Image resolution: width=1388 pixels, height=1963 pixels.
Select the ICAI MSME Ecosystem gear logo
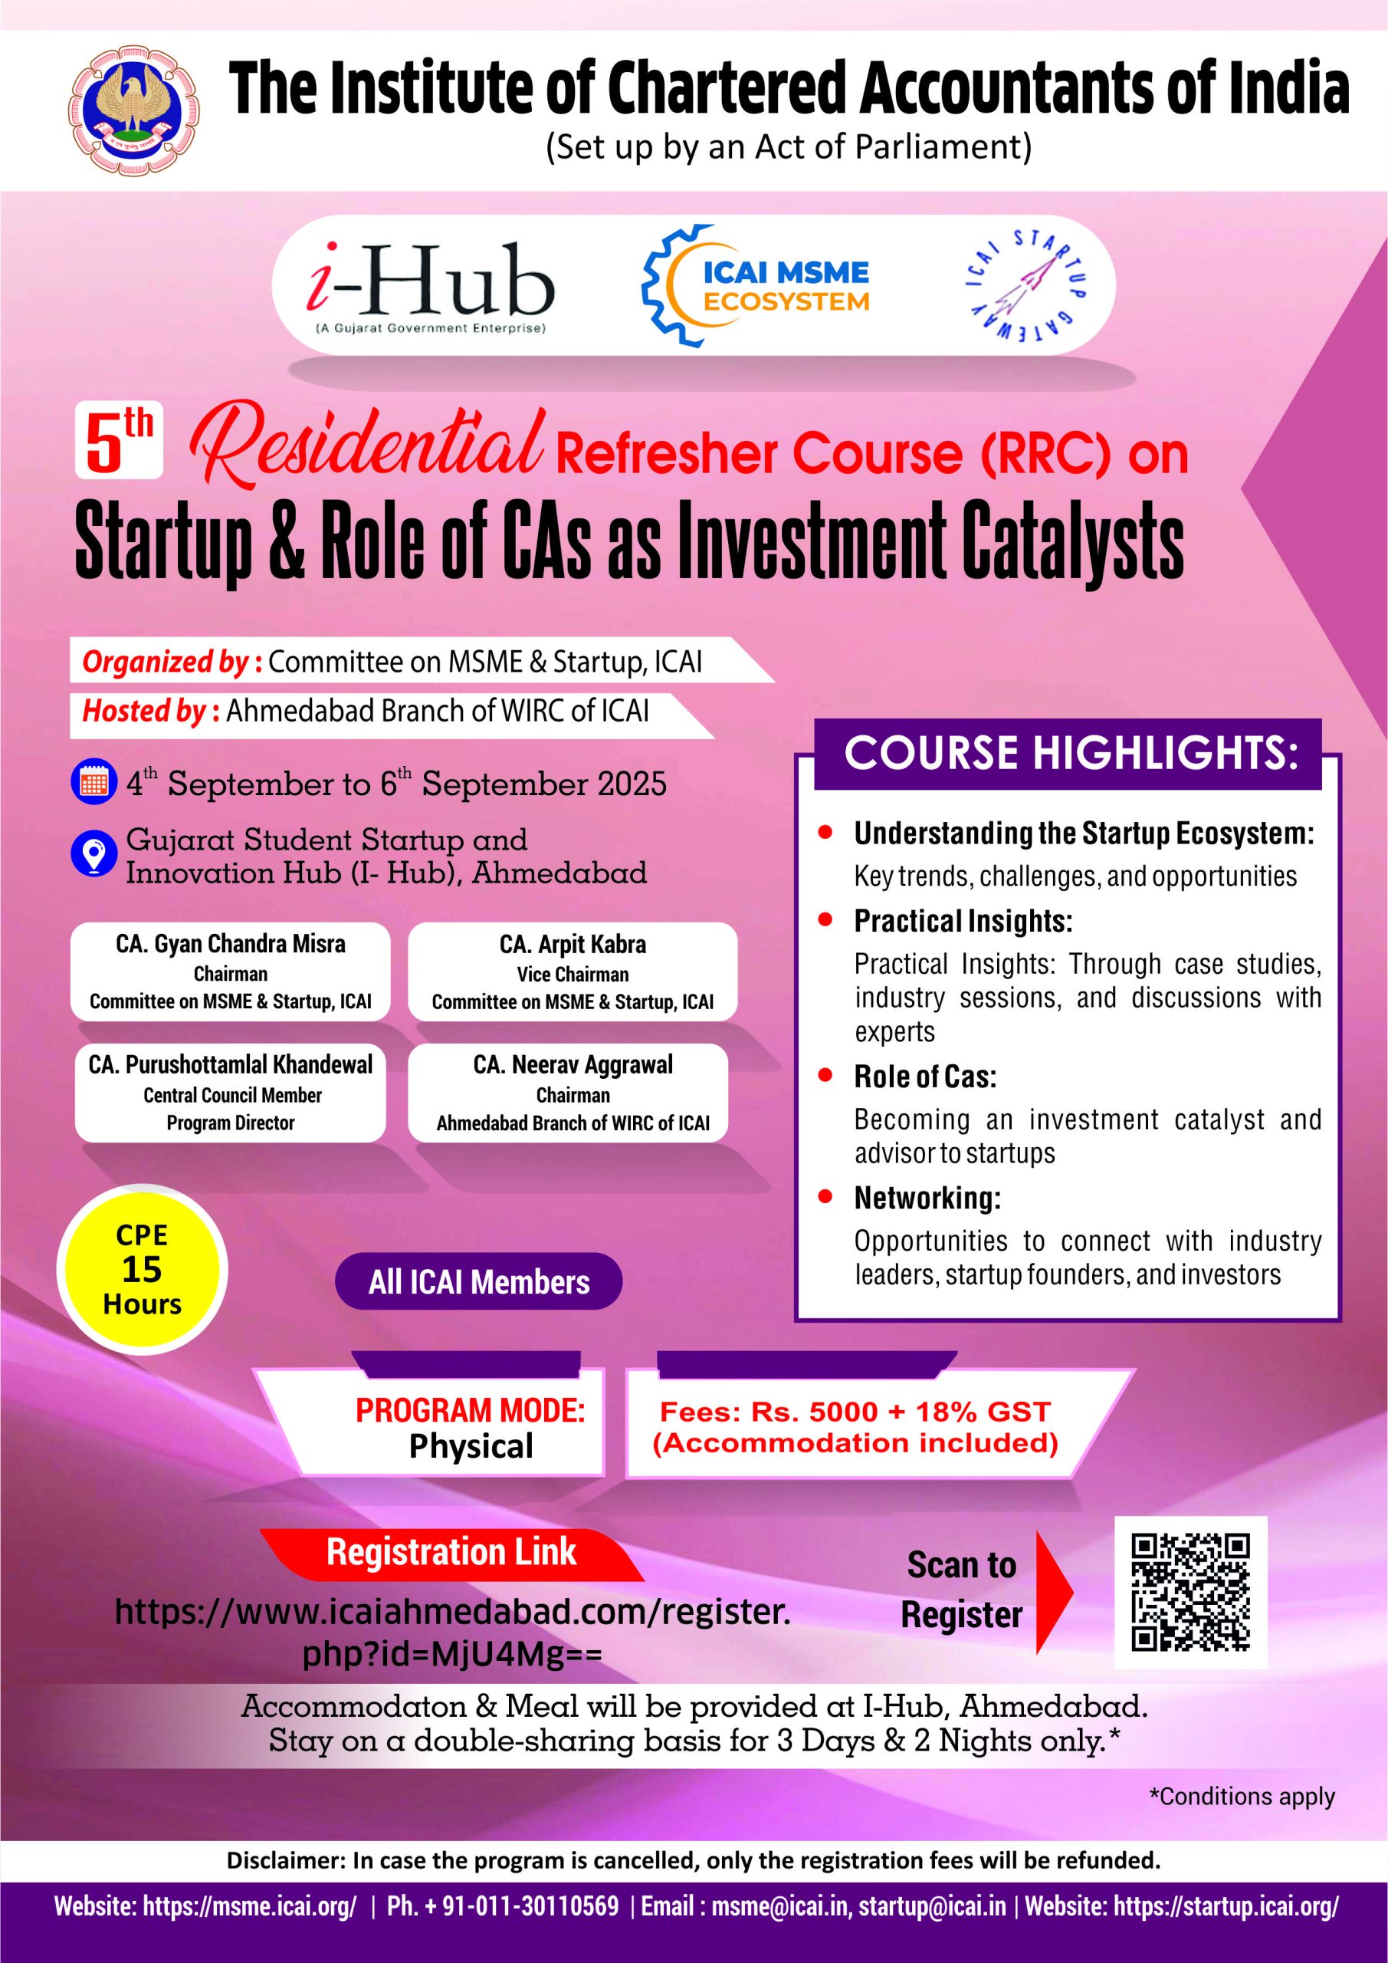[x=755, y=285]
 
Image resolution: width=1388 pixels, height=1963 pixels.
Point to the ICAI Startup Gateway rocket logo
[x=1024, y=284]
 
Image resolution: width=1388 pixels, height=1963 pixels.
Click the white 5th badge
[x=118, y=441]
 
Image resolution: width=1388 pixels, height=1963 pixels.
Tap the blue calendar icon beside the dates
[x=94, y=782]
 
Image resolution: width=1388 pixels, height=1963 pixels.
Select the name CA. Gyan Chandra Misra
[x=231, y=945]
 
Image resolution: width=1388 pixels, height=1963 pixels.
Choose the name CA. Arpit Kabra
[x=573, y=945]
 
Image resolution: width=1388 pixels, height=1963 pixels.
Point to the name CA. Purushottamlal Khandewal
[x=231, y=1065]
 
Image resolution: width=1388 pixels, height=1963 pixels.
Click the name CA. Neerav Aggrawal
[x=573, y=1065]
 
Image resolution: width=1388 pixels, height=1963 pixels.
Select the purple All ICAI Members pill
[x=478, y=1282]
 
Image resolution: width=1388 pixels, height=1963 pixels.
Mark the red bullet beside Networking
[x=825, y=1198]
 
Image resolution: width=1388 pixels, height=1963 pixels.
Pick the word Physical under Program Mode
[x=471, y=1447]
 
